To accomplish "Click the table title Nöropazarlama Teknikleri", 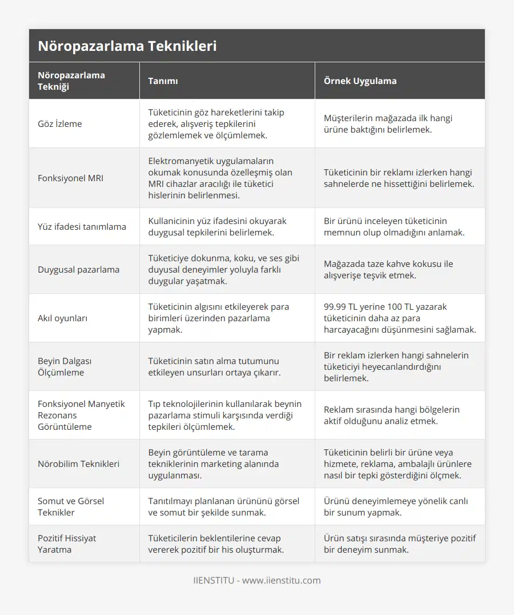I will [x=127, y=46].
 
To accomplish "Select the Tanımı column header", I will [x=163, y=81].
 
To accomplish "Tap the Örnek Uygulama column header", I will [x=360, y=81].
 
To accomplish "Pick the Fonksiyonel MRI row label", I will [x=70, y=178].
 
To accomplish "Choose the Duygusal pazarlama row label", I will [x=79, y=270].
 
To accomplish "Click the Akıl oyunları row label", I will [x=62, y=318].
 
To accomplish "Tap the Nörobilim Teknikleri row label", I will [x=79, y=464].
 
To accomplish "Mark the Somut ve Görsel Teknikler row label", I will [x=71, y=507].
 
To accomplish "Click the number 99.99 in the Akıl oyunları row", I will [x=336, y=307].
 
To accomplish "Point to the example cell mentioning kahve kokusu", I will [x=388, y=270].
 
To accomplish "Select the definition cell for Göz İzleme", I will [x=216, y=124].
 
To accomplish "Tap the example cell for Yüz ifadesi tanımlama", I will [x=394, y=227].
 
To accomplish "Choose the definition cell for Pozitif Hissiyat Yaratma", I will [x=216, y=544].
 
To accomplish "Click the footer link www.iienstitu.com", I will [x=282, y=581].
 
